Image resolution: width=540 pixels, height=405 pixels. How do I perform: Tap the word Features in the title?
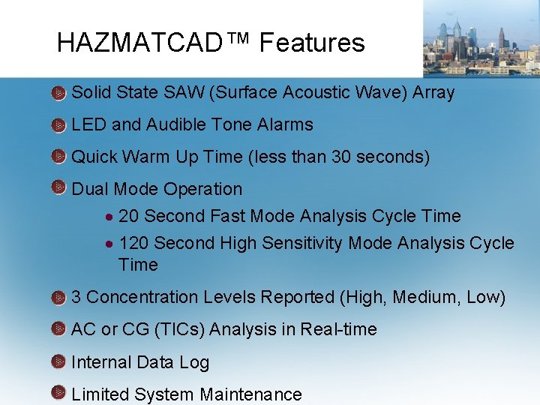[x=312, y=43]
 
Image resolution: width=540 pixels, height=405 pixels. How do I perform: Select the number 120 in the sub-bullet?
[x=133, y=243]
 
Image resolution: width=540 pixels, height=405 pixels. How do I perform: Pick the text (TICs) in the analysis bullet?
[x=187, y=329]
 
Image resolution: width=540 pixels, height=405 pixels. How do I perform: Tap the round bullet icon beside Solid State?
[x=59, y=93]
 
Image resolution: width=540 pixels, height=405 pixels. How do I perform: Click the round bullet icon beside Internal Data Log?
[x=59, y=362]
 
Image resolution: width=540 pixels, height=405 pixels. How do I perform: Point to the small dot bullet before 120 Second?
[x=109, y=244]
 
